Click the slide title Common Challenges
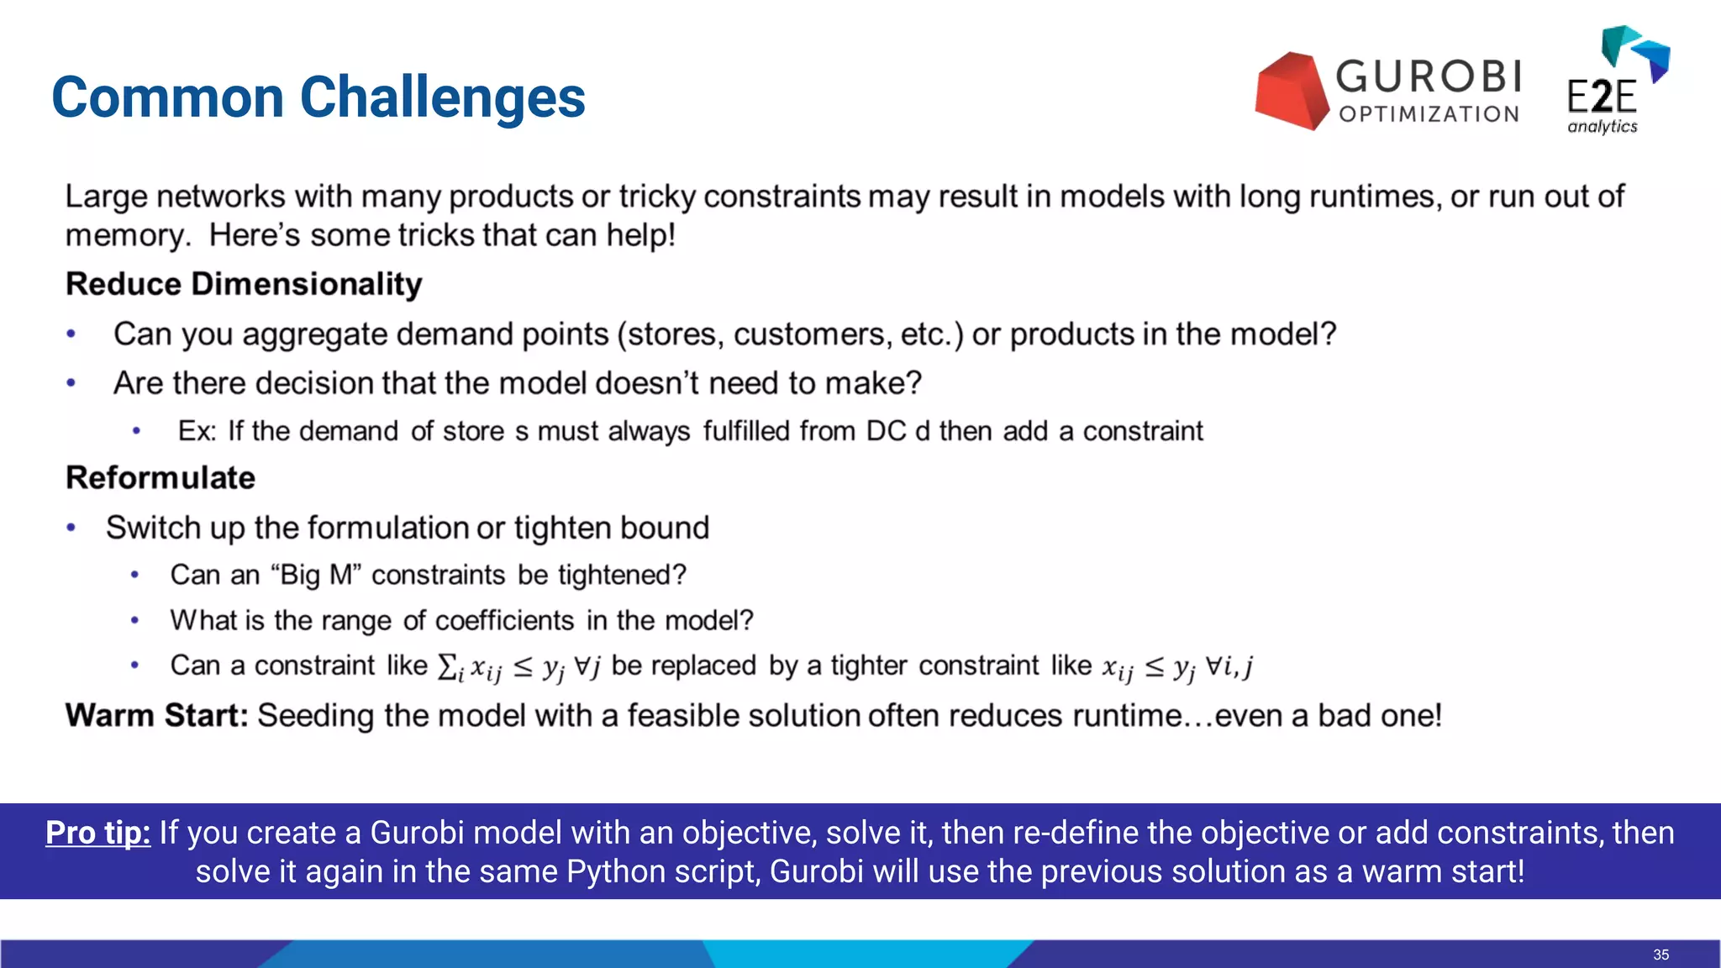coord(318,97)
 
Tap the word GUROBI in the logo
coord(1429,76)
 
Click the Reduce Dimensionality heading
coord(244,284)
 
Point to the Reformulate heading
coord(161,478)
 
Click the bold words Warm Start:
coord(156,716)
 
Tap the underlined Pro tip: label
coord(97,833)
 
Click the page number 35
coord(1660,955)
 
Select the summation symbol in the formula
coord(446,666)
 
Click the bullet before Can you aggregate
coord(71,334)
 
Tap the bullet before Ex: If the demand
coord(136,432)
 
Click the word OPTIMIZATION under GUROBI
coord(1429,114)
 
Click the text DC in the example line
coord(886,431)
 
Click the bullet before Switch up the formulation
coord(71,528)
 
